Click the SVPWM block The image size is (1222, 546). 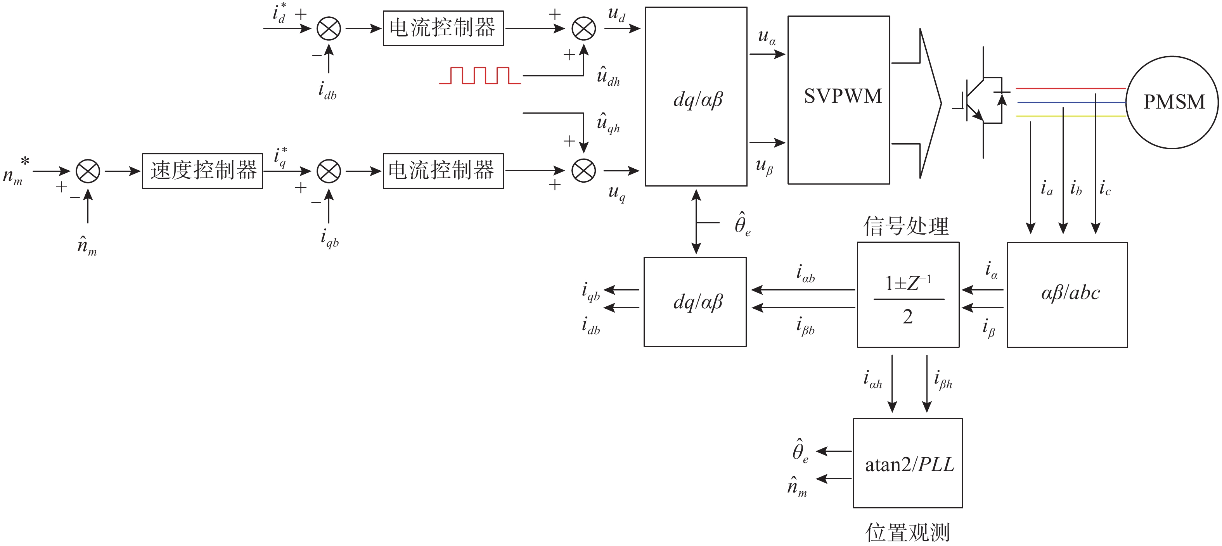(838, 100)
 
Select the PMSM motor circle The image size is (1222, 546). (1172, 102)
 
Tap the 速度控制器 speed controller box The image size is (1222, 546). (203, 171)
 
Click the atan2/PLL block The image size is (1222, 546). (907, 463)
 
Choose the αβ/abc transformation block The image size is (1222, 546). (1067, 295)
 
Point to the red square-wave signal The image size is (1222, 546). (479, 76)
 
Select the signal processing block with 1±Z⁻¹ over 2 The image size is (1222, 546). (908, 295)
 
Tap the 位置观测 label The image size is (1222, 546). (907, 532)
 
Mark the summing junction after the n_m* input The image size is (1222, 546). (88, 171)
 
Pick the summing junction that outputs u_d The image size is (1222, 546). (583, 28)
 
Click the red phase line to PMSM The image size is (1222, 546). (1070, 89)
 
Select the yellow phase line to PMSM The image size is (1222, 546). (1070, 116)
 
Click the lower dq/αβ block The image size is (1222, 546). (695, 302)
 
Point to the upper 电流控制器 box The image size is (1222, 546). (443, 28)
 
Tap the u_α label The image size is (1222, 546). (767, 37)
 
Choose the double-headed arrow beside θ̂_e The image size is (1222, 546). (696, 221)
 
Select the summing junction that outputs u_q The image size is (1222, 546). (583, 171)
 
